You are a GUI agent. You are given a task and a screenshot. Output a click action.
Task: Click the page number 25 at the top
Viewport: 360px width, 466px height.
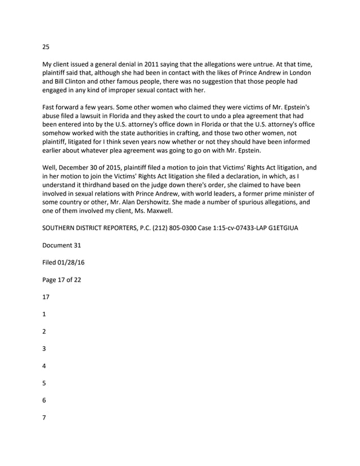[x=46, y=47]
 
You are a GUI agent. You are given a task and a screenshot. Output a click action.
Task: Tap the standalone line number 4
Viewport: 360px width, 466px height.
[x=45, y=365]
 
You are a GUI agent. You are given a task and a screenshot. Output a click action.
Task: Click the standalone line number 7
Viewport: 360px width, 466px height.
[x=45, y=417]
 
